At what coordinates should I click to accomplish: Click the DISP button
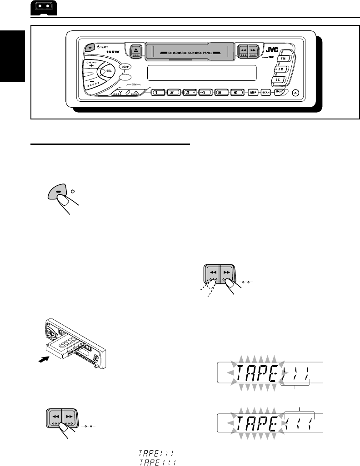[x=254, y=92]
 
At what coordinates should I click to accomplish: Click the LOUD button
[x=125, y=67]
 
